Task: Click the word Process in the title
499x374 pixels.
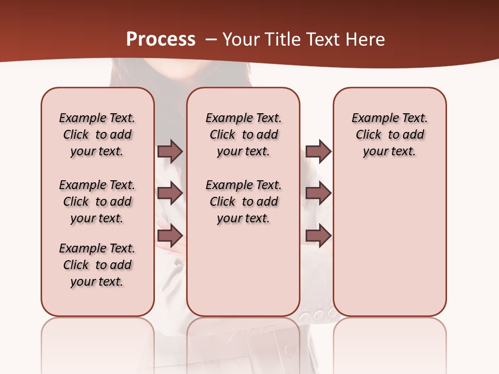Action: click(161, 39)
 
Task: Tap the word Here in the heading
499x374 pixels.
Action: click(366, 39)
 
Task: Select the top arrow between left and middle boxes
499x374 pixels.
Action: click(170, 152)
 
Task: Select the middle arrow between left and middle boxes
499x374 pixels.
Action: click(170, 193)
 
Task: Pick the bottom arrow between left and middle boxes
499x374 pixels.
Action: click(170, 236)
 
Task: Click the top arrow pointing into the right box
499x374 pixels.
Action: click(318, 152)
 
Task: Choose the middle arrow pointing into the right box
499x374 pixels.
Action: click(318, 193)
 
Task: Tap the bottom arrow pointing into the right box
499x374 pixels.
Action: click(318, 236)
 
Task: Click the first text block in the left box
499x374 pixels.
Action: click(97, 135)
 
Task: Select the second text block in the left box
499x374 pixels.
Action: click(97, 202)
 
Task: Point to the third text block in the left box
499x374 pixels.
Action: click(97, 265)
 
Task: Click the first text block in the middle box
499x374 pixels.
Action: click(243, 135)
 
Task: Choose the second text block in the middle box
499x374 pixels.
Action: click(243, 202)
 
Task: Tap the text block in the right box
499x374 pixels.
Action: click(390, 135)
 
